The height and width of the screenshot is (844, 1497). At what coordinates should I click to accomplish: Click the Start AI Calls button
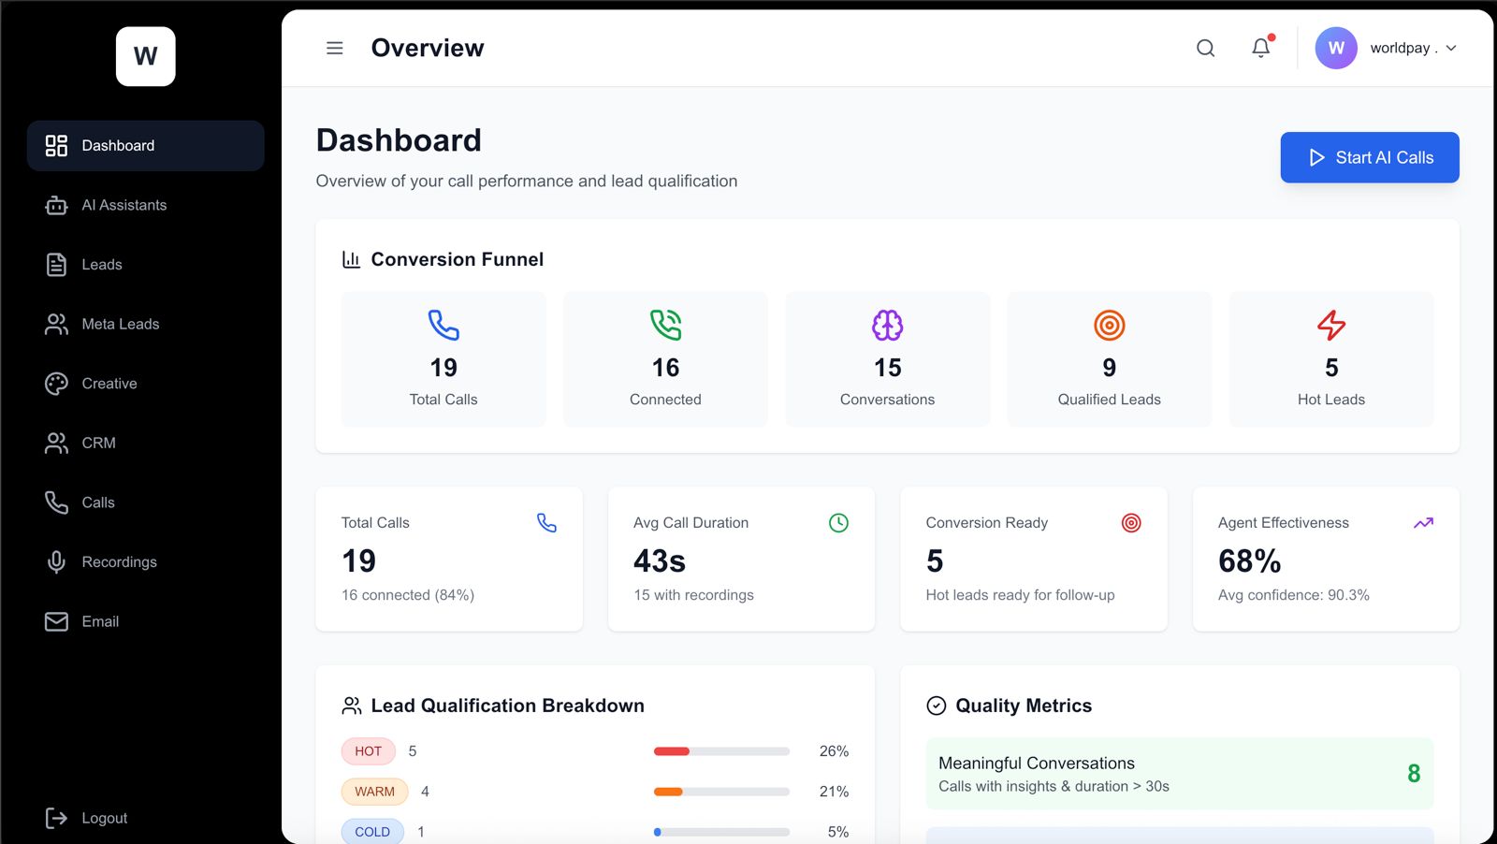pos(1369,157)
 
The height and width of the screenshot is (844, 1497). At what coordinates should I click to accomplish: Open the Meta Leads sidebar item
pos(120,324)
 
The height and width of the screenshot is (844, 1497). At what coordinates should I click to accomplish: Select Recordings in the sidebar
pos(119,561)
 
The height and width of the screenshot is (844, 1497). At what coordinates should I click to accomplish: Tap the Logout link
pos(103,818)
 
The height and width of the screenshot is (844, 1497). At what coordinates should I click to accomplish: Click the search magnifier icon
pos(1205,48)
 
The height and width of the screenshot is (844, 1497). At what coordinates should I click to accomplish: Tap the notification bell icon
pos(1261,48)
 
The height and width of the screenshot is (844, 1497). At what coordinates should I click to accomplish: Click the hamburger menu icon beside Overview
pos(334,48)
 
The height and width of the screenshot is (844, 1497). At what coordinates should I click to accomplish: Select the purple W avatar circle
pos(1335,48)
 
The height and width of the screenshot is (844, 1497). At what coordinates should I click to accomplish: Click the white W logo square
pos(145,56)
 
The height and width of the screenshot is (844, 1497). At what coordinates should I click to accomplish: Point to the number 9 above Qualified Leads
pos(1109,368)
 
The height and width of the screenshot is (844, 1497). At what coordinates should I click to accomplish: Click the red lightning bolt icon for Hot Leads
pos(1330,326)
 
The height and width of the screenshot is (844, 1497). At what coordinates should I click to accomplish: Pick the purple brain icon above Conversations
pos(887,326)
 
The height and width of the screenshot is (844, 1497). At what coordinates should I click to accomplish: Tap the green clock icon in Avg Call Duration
pos(838,523)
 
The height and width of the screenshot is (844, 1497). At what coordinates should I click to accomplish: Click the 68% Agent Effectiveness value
pos(1249,561)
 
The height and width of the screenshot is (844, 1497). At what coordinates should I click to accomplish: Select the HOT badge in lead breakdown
pos(368,751)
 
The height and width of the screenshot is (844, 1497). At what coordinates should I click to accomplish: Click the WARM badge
pos(374,792)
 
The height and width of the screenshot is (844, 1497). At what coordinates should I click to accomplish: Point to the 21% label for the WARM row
pos(834,792)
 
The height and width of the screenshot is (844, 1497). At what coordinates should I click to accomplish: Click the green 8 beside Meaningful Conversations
pos(1413,773)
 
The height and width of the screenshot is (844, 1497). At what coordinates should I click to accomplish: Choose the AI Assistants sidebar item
pos(124,205)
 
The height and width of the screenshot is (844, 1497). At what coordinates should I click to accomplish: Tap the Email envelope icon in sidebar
pos(56,621)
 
